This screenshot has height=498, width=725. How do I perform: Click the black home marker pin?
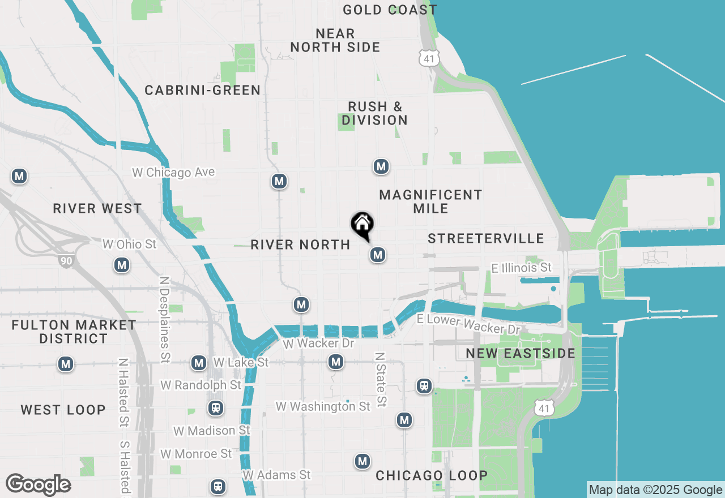[362, 225]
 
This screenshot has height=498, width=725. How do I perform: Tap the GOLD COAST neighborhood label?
[390, 10]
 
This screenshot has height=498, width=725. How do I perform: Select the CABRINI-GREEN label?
[202, 90]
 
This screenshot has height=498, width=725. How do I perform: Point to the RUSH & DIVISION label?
[375, 113]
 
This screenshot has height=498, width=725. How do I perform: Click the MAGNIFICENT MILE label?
[430, 201]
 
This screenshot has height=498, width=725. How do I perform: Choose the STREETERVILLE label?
[485, 238]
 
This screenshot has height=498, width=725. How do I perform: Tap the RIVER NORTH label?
[300, 244]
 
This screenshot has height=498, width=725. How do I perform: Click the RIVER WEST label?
[97, 208]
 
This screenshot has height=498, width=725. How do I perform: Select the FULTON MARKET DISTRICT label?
[74, 332]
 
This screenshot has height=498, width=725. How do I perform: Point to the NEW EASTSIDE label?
[520, 354]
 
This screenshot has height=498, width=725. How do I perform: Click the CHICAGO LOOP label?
[432, 475]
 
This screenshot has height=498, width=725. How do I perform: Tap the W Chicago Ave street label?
[173, 172]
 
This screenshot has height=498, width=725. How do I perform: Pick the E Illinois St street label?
[521, 268]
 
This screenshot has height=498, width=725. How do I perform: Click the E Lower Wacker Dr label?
[468, 324]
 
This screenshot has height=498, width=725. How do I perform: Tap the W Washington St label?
[323, 406]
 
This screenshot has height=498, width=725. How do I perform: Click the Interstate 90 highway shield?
[65, 260]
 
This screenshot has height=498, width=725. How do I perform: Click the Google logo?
[38, 484]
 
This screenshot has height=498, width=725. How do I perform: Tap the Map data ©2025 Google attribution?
[655, 490]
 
